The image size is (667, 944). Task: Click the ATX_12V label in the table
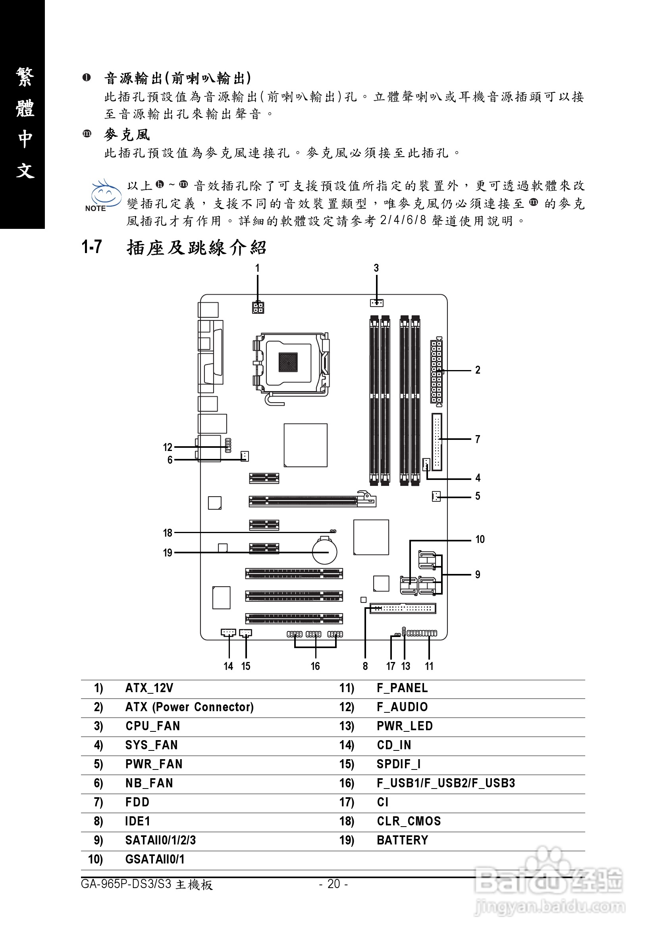click(149, 688)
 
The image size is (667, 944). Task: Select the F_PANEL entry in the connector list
click(402, 688)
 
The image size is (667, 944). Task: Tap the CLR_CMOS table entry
click(409, 821)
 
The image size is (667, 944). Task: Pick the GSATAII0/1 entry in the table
click(155, 859)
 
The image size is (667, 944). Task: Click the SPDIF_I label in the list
click(398, 764)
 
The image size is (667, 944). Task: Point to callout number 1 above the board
click(257, 268)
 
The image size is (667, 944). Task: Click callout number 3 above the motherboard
click(376, 268)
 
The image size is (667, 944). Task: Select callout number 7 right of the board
click(477, 439)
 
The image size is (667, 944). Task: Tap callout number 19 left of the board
click(168, 553)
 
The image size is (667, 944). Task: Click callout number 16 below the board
click(315, 666)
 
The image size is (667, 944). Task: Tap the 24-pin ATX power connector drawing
click(436, 371)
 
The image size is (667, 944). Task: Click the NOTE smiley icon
click(104, 195)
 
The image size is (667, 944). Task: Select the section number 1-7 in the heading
click(91, 247)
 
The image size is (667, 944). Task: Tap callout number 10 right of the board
click(480, 539)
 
